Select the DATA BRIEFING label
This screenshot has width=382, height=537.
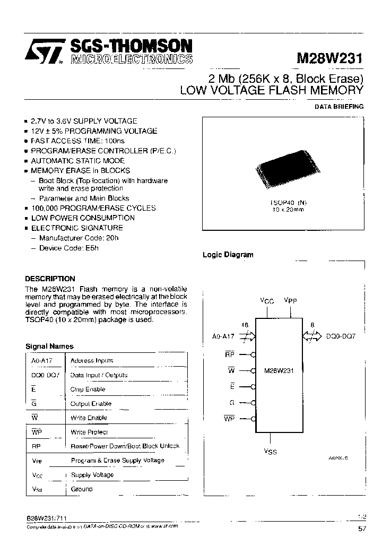339,107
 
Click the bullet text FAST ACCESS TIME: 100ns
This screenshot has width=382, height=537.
77,141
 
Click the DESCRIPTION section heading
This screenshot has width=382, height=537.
50,279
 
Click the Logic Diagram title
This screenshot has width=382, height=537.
228,255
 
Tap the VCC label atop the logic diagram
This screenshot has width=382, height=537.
267,301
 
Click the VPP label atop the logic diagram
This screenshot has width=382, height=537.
290,301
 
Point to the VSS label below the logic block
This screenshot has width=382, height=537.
270,452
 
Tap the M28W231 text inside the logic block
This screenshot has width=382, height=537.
279,371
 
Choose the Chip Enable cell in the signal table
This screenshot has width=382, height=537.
88,389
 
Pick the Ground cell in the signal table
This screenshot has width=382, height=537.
81,489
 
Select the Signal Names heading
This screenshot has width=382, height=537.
49,346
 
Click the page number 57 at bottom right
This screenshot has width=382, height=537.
362,528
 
